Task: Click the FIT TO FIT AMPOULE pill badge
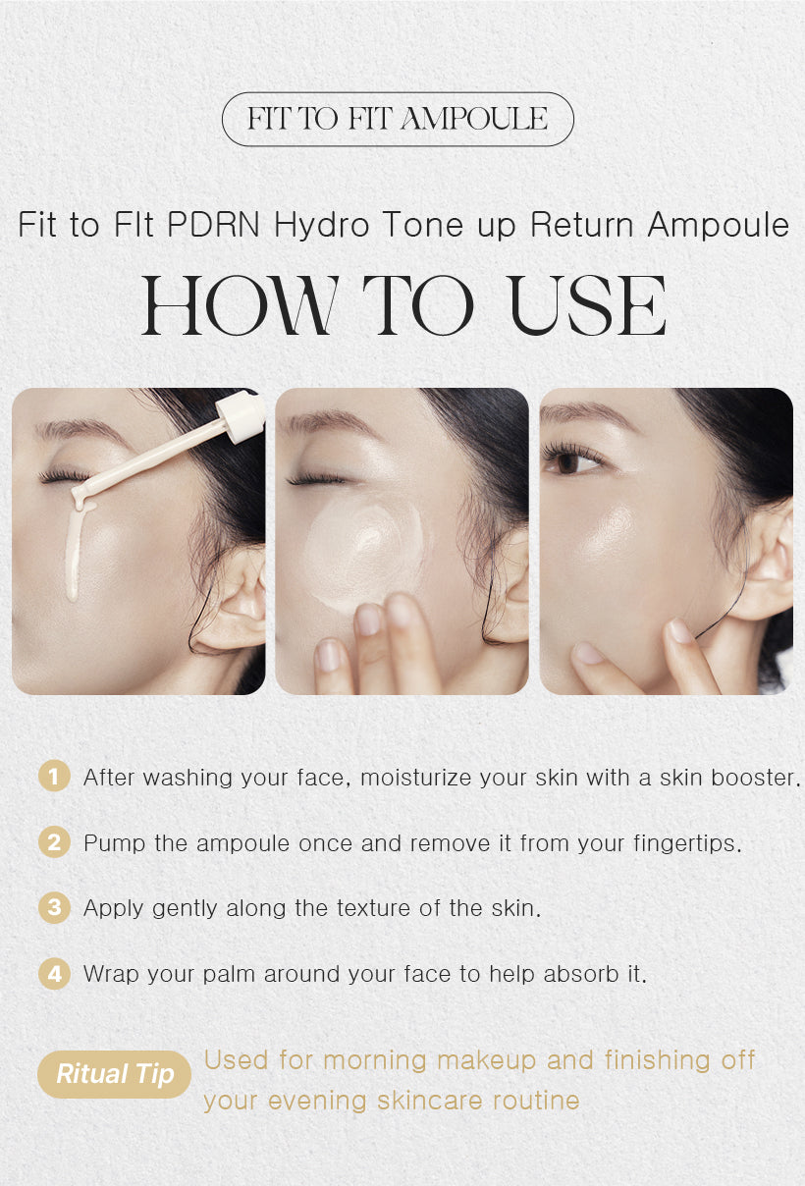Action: tap(398, 120)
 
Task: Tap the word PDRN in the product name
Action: tap(216, 225)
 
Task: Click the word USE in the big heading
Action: tap(588, 308)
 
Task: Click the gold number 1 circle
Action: tap(54, 777)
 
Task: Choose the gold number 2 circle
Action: tap(54, 842)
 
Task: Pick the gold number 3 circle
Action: tap(54, 908)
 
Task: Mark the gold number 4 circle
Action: tap(54, 974)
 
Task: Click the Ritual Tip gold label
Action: tap(114, 1073)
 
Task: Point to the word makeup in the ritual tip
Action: tap(486, 1060)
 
